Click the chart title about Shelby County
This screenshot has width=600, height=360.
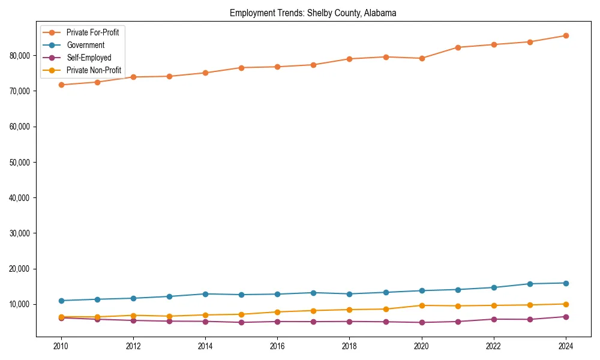[313, 13]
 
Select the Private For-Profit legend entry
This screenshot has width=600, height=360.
[92, 32]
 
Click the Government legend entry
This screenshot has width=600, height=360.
[85, 45]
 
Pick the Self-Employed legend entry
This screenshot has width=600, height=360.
[89, 58]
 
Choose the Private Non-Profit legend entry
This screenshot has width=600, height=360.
[94, 70]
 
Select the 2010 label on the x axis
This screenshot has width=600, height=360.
[60, 346]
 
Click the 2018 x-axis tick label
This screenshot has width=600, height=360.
[349, 346]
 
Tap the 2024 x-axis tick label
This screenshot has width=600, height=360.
[566, 346]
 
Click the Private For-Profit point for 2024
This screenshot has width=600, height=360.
[566, 35]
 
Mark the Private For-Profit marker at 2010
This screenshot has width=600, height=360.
[60, 85]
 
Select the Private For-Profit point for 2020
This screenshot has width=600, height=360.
[422, 58]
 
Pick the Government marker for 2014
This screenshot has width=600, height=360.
[205, 294]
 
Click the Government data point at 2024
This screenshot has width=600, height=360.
[566, 283]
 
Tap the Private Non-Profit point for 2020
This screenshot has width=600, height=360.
[422, 305]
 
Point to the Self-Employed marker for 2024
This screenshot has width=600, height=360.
[566, 317]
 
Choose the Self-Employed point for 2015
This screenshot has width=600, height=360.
[241, 322]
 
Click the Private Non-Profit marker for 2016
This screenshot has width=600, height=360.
[277, 312]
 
